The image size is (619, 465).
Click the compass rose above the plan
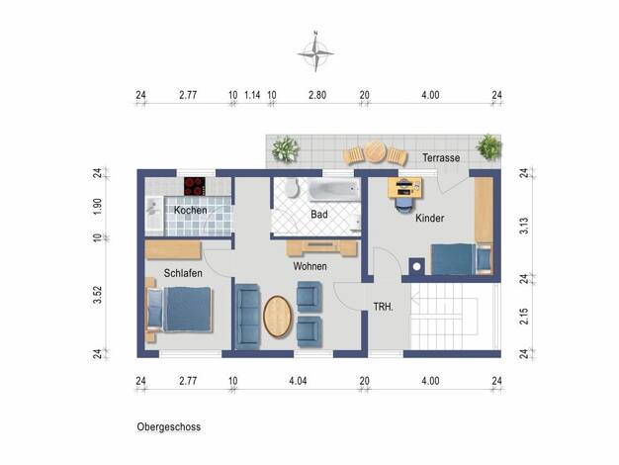[315, 52]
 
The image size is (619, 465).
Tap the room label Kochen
[190, 210]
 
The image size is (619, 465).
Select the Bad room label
[319, 215]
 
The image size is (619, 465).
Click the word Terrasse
[441, 158]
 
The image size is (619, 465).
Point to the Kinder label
[429, 218]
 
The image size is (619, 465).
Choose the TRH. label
[384, 307]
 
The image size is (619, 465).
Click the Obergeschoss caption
[168, 427]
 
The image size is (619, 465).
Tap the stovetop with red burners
[195, 186]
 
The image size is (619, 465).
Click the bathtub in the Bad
[334, 190]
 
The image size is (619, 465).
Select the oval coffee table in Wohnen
[278, 317]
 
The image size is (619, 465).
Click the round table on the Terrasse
[375, 152]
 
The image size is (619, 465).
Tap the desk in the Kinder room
[404, 188]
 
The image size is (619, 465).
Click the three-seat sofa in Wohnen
[247, 317]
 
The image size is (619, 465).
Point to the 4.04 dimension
[298, 381]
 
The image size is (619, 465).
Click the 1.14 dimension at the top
[252, 95]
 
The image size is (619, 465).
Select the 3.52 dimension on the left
[98, 295]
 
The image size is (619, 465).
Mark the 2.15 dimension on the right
[524, 317]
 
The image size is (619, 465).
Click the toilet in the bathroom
[292, 187]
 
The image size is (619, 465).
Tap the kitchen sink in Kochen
[153, 214]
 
